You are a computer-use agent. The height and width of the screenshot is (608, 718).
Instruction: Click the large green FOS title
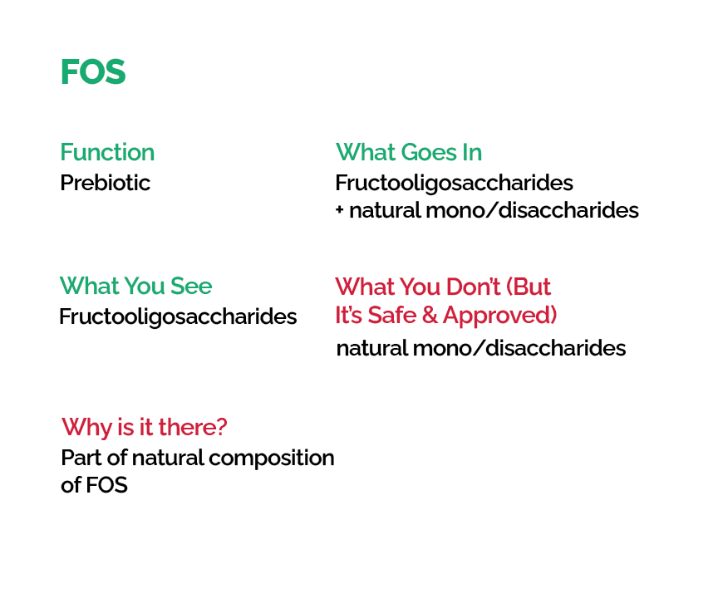[93, 72]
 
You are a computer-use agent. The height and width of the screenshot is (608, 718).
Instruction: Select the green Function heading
[107, 152]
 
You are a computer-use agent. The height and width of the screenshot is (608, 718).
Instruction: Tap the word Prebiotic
[106, 183]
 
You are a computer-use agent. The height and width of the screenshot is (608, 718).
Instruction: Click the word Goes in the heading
[429, 152]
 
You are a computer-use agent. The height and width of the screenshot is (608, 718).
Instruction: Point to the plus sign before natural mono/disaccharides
[339, 210]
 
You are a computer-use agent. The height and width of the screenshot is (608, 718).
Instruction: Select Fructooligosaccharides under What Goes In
[454, 183]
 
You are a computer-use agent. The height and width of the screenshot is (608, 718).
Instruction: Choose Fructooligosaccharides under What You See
[178, 316]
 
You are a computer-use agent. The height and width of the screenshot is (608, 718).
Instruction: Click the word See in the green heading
[191, 287]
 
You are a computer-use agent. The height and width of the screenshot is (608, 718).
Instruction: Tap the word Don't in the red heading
[473, 287]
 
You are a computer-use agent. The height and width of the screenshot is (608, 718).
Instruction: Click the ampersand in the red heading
[430, 315]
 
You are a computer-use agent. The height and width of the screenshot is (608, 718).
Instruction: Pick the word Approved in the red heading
[499, 316]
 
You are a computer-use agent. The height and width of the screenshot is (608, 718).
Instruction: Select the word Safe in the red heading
[392, 315]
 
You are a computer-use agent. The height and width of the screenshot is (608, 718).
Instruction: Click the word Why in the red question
[87, 428]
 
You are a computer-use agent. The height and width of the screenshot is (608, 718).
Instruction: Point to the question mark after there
[222, 427]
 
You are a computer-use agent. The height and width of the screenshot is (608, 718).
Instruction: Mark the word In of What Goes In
[472, 152]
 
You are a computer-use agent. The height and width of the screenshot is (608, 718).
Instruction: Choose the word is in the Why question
[126, 427]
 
